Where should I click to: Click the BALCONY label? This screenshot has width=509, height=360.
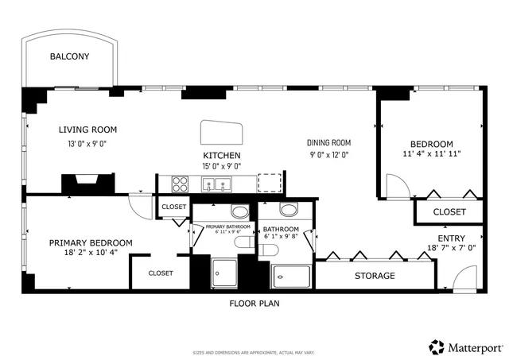click(69, 56)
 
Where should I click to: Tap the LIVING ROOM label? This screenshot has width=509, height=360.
click(87, 130)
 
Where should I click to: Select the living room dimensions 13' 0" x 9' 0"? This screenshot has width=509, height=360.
click(87, 144)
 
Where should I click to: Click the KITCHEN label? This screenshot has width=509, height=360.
click(222, 155)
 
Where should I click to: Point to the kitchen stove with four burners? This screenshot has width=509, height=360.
click(180, 185)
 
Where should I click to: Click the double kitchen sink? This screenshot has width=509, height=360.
click(214, 185)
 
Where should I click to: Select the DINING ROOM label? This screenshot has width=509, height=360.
click(328, 142)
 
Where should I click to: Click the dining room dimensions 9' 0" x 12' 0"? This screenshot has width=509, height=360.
click(328, 155)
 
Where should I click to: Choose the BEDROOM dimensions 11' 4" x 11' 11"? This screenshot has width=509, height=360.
click(432, 153)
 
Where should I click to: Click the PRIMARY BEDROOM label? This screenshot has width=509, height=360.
click(91, 242)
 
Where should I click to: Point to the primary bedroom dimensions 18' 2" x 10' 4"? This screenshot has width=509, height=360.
click(91, 254)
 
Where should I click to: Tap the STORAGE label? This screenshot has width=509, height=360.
click(375, 276)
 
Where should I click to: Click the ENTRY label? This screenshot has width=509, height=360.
click(451, 238)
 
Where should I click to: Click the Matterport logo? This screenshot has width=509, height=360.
click(466, 347)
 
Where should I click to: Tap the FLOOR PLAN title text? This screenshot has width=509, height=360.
click(254, 303)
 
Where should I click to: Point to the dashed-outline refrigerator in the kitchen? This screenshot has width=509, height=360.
click(271, 183)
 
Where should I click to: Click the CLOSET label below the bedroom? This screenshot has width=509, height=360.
click(449, 212)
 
